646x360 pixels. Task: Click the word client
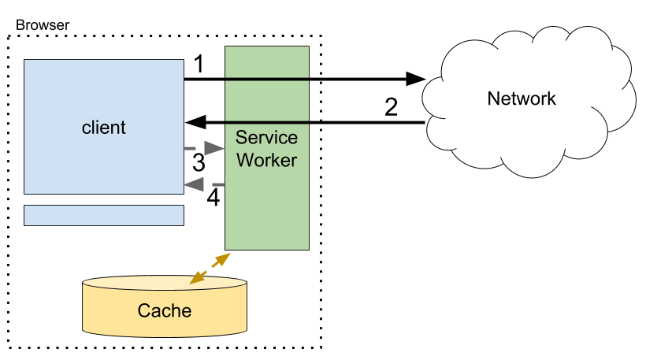point(103,127)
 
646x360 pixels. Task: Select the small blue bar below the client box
point(103,215)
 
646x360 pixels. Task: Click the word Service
point(266,138)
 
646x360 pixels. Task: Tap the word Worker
point(266,160)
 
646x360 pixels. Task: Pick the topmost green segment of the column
point(266,61)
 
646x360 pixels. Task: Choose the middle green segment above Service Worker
point(266,101)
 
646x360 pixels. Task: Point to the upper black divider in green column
point(266,79)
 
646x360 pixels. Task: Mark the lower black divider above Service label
point(266,122)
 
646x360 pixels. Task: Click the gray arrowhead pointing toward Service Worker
point(214,148)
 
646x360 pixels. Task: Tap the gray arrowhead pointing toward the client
point(195,184)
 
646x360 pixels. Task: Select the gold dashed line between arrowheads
point(210,268)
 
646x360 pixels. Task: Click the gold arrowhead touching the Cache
point(195,278)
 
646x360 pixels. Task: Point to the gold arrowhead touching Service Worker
point(225,258)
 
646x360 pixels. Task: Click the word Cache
point(164,310)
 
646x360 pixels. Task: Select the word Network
point(522,98)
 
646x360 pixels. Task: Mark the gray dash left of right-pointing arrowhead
point(189,148)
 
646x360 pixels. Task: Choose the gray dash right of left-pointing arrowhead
point(218,184)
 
